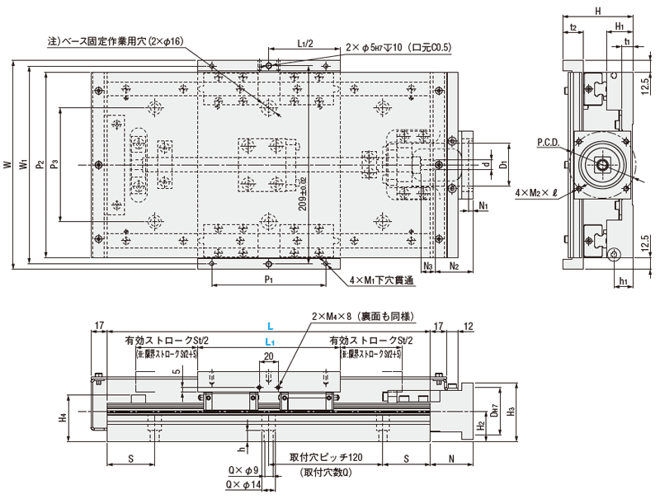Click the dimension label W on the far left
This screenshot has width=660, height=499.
point(7,164)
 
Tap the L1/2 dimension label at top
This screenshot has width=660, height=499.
point(303,44)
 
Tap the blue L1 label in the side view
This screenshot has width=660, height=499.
point(270,341)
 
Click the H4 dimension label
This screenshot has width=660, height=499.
point(64,419)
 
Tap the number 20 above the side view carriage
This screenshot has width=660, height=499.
point(268,356)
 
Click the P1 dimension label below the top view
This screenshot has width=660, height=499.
point(268,280)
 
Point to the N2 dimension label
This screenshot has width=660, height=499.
point(455,266)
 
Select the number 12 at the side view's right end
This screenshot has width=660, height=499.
point(469,326)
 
